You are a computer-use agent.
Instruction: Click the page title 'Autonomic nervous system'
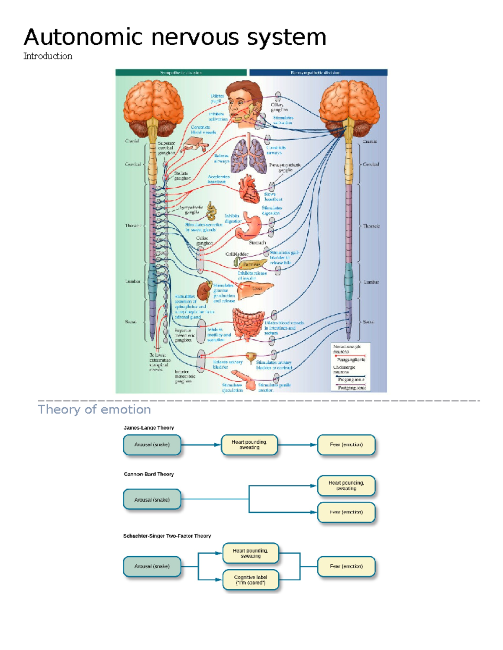pyautogui.click(x=175, y=37)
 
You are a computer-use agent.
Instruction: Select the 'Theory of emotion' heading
pyautogui.click(x=94, y=409)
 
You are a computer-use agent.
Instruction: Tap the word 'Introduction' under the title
pyautogui.click(x=48, y=56)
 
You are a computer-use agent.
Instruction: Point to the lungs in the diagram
pyautogui.click(x=249, y=155)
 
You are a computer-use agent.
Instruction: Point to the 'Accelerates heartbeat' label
pyautogui.click(x=218, y=179)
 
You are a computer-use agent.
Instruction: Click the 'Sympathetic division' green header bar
pyautogui.click(x=181, y=72)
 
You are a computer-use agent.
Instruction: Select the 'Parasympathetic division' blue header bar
pyautogui.click(x=318, y=72)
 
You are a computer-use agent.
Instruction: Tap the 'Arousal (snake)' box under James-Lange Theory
pyautogui.click(x=152, y=444)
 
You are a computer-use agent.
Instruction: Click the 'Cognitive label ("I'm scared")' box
pyautogui.click(x=250, y=580)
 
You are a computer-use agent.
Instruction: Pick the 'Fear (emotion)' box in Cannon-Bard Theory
pyautogui.click(x=346, y=512)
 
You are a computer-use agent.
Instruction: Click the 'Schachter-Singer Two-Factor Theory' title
pyautogui.click(x=167, y=536)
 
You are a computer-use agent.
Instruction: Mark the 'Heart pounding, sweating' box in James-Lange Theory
pyautogui.click(x=249, y=444)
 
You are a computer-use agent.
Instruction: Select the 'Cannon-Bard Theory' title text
pyautogui.click(x=148, y=474)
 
